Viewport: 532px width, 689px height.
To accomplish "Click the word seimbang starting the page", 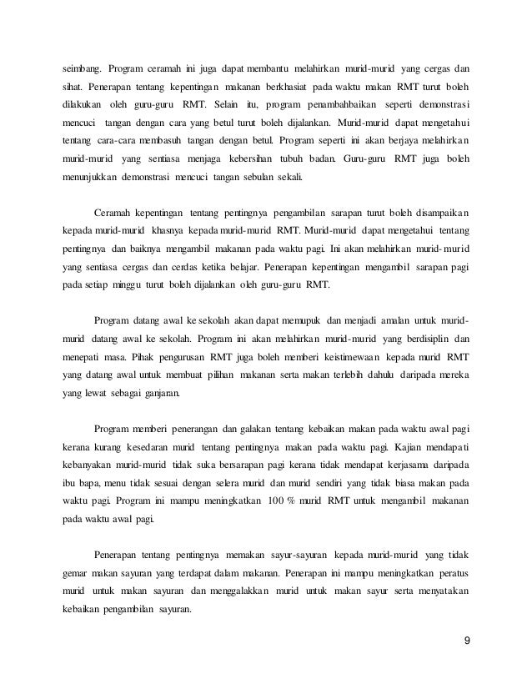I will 84,67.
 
